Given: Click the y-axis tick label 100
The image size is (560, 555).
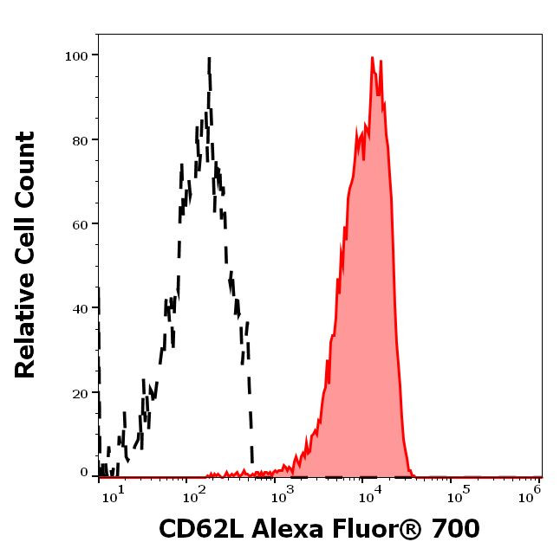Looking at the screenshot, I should pyautogui.click(x=77, y=56).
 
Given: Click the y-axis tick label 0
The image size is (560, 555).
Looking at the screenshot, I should pyautogui.click(x=84, y=473).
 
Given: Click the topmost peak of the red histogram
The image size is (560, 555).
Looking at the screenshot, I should pyautogui.click(x=372, y=58).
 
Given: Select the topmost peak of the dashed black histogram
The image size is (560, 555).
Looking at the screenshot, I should pyautogui.click(x=209, y=58).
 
